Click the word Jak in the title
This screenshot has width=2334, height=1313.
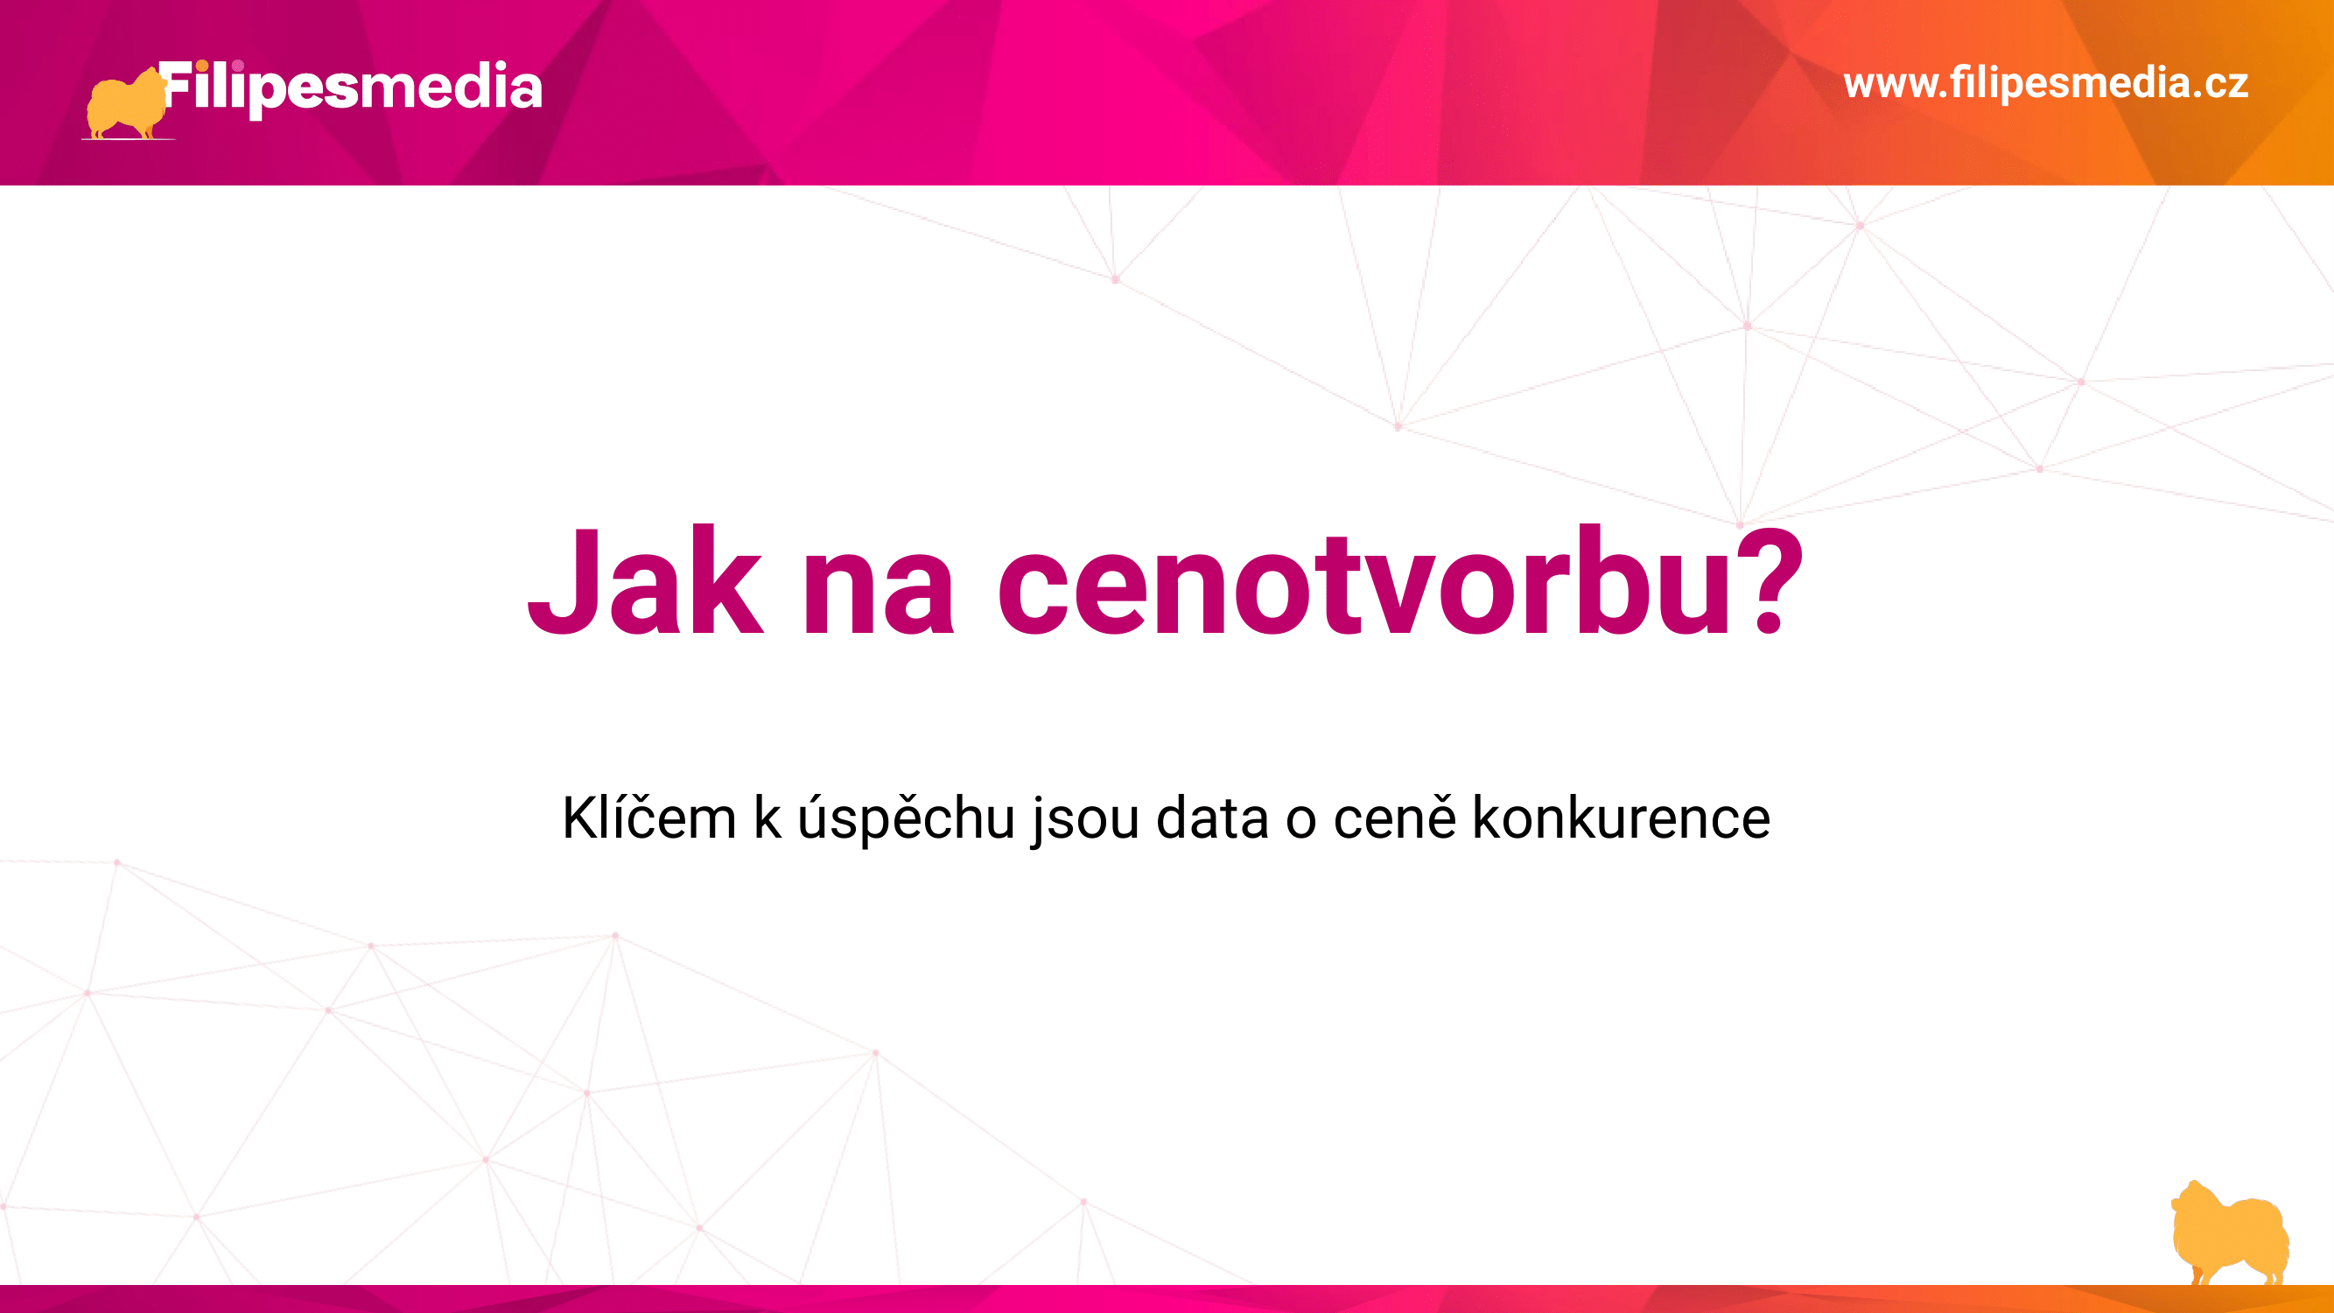645,580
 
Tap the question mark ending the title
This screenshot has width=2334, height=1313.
1770,580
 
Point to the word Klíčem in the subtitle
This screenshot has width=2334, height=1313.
648,818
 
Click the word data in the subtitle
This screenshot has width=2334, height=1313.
1213,818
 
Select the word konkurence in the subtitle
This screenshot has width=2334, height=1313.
1621,818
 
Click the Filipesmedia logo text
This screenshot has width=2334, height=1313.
352,88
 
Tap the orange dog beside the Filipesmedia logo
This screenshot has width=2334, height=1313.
127,104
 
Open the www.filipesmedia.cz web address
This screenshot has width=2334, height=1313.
2046,83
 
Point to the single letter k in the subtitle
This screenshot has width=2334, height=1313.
767,818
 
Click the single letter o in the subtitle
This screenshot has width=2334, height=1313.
1301,823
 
